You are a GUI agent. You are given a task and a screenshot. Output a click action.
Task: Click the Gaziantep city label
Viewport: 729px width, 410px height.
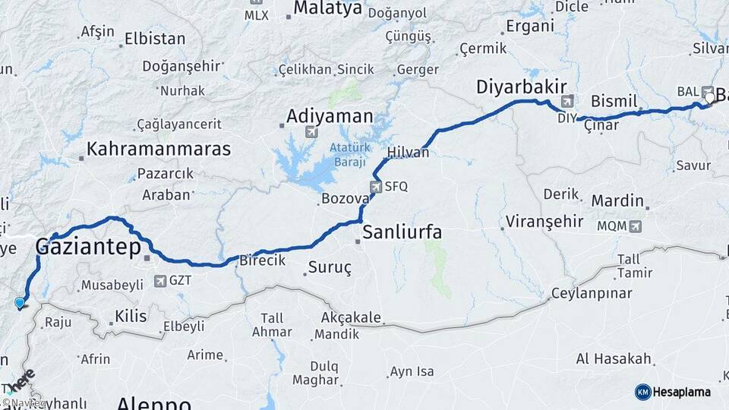tap(88, 247)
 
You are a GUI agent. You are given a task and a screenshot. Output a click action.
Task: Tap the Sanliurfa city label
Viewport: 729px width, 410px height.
tap(402, 232)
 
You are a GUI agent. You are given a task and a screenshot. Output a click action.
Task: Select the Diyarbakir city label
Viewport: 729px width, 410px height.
tap(522, 87)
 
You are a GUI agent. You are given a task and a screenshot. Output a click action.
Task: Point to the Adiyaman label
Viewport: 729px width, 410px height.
tap(330, 117)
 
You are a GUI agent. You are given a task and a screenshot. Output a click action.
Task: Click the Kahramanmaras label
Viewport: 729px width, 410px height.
tap(159, 149)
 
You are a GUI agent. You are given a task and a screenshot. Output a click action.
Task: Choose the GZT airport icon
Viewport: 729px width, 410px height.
tap(160, 281)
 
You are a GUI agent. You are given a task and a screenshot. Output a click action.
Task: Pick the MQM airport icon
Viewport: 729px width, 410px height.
tap(635, 225)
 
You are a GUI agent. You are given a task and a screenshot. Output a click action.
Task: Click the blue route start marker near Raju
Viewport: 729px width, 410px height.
tap(20, 303)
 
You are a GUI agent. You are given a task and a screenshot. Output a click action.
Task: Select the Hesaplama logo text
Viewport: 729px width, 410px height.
tap(682, 392)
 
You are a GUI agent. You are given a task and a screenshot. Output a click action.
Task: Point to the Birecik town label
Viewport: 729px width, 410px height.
tap(262, 260)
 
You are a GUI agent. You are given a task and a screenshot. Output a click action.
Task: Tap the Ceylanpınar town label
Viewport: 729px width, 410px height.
tap(592, 294)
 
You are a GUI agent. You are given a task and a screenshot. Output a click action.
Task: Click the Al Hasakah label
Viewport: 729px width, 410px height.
tap(614, 358)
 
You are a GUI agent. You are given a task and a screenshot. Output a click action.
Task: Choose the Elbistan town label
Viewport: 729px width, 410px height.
tap(155, 38)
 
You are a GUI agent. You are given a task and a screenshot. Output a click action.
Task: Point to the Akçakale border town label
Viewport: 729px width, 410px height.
tap(350, 317)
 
